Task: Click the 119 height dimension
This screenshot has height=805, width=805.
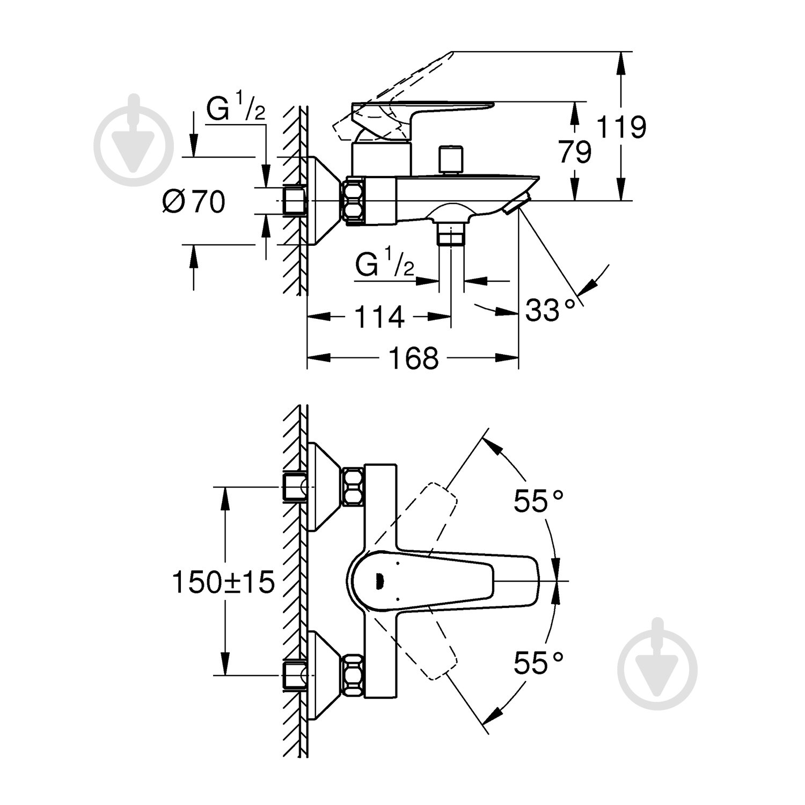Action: point(622,127)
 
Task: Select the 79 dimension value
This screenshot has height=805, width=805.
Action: point(575,151)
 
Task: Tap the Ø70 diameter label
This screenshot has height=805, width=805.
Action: point(194,202)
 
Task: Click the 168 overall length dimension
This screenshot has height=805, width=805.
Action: point(413,357)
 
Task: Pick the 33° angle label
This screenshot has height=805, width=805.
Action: point(546,310)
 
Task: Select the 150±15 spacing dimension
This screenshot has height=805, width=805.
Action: point(223,582)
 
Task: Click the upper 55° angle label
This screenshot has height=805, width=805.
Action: point(539,502)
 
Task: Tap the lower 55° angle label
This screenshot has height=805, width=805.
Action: point(539,662)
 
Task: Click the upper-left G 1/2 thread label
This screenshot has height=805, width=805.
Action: point(236,112)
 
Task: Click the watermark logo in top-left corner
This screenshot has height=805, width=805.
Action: point(134,141)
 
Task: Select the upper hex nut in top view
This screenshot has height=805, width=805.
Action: point(353,486)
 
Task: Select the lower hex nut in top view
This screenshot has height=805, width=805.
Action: point(353,674)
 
